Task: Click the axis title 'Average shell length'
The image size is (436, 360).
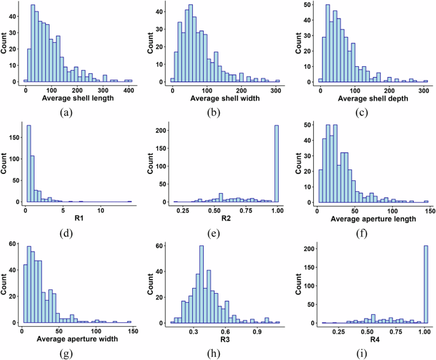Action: coord(78,99)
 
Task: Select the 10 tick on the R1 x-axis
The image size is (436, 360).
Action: coord(101,210)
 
